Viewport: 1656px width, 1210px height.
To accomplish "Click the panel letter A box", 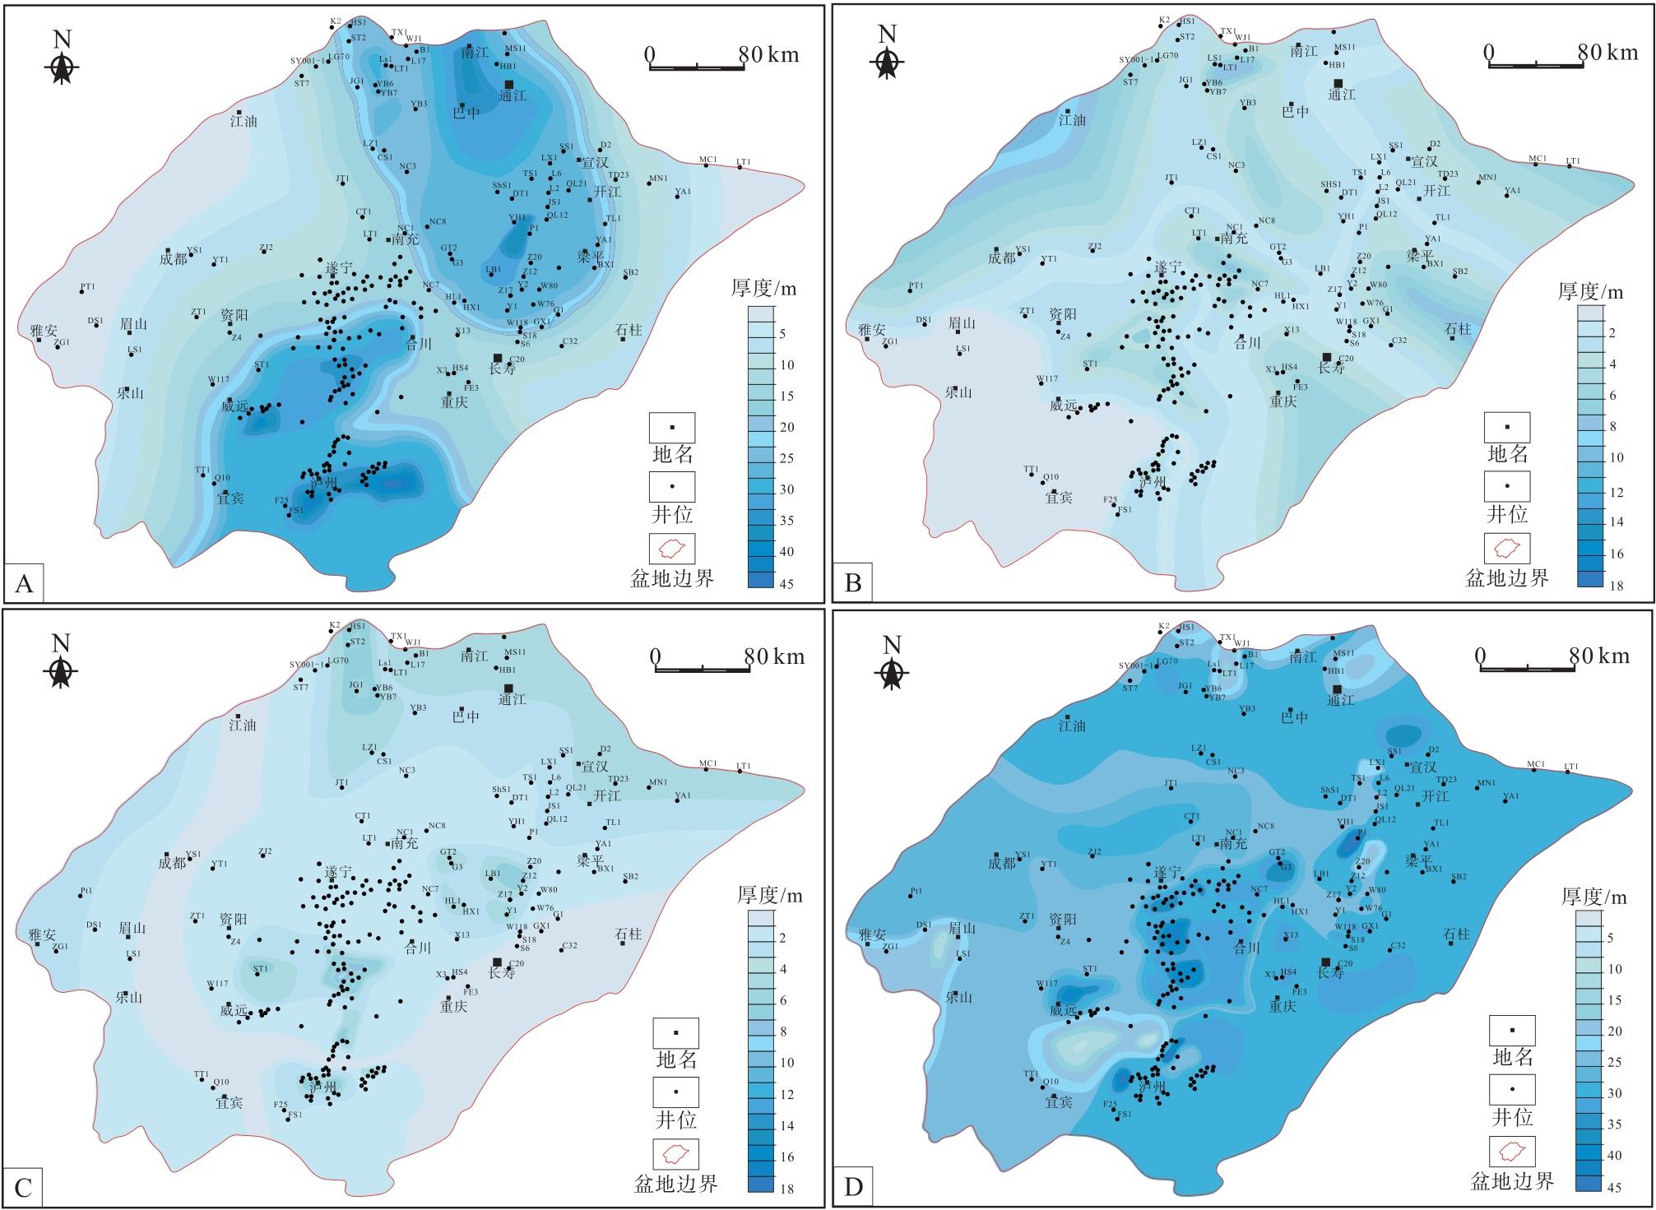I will tap(24, 583).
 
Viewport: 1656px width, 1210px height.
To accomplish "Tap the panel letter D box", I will tap(853, 1187).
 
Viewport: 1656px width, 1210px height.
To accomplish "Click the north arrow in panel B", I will tap(886, 56).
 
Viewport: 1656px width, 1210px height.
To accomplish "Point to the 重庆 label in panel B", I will tap(1283, 401).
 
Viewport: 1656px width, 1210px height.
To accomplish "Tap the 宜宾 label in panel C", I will tap(230, 1103).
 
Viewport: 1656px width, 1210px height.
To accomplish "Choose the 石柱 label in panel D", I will tap(1456, 934).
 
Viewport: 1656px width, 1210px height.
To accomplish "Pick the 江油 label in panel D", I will tap(1072, 726).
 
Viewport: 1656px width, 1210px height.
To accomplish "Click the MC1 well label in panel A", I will tap(708, 160).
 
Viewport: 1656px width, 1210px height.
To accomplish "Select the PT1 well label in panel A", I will tap(88, 287).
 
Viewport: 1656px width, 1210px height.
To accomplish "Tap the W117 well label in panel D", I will tap(1047, 983).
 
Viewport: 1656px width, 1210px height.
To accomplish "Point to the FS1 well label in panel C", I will tap(295, 1115).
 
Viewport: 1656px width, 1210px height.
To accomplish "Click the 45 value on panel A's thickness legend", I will tap(786, 583).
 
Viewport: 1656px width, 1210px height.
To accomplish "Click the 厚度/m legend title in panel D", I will tap(1593, 897).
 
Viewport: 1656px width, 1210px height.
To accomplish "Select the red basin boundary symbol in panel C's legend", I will tap(676, 1154).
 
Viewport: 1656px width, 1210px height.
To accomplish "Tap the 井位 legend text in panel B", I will tap(1507, 514).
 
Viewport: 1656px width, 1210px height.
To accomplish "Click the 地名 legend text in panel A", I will tap(672, 454).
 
